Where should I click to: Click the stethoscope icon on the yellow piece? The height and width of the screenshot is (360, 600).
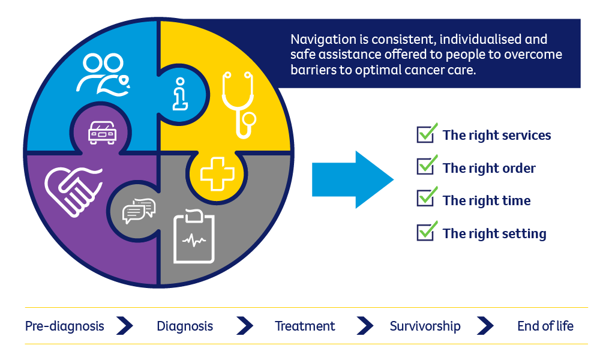tap(237, 105)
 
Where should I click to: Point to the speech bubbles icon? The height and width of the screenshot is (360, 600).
tap(138, 211)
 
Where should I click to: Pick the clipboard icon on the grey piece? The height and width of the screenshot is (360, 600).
tap(193, 236)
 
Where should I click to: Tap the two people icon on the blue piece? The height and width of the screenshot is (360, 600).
tap(103, 74)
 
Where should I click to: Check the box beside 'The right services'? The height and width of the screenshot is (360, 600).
tap(425, 134)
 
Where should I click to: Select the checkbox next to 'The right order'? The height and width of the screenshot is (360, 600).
tap(425, 167)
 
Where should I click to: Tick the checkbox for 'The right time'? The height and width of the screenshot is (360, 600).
tap(425, 199)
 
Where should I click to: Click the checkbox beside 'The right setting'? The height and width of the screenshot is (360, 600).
tap(425, 232)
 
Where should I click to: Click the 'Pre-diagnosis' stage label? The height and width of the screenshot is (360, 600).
tap(64, 326)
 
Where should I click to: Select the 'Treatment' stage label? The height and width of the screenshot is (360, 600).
tap(305, 326)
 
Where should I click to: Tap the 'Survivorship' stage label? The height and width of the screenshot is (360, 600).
tap(425, 326)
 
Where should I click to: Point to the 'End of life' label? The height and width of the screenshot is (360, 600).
tap(545, 326)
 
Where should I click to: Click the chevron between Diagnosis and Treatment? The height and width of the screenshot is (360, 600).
tap(245, 326)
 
